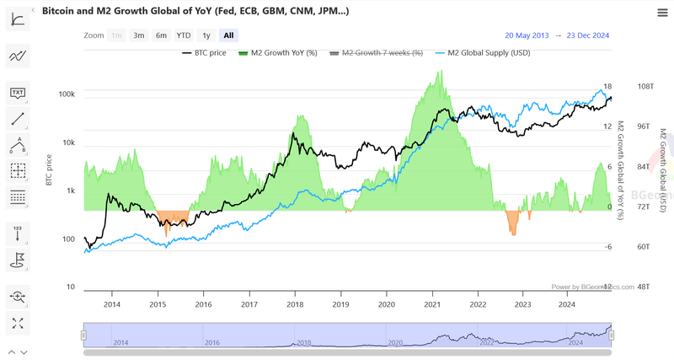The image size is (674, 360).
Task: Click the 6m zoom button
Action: pyautogui.click(x=161, y=35)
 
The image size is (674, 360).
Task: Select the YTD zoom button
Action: pyautogui.click(x=184, y=35)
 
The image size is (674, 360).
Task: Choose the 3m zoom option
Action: pyautogui.click(x=139, y=35)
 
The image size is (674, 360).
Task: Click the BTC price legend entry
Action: pyautogui.click(x=204, y=52)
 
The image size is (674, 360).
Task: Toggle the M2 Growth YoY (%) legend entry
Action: pyautogui.click(x=279, y=52)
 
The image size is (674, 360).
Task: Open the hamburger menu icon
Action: pyautogui.click(x=662, y=12)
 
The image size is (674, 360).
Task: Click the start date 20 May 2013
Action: pyautogui.click(x=527, y=35)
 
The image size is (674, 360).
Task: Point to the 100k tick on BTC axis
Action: pyautogui.click(x=66, y=94)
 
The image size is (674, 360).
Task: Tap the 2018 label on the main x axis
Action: pyautogui.click(x=295, y=304)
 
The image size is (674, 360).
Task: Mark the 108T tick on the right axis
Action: pyautogui.click(x=646, y=87)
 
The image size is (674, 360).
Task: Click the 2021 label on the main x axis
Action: pyautogui.click(x=432, y=304)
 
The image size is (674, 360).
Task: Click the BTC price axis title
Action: pyautogui.click(x=49, y=169)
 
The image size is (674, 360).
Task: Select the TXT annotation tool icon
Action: pyautogui.click(x=18, y=93)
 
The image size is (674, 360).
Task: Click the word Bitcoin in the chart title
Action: pyautogui.click(x=61, y=11)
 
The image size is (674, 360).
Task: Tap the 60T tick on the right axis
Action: pyautogui.click(x=645, y=247)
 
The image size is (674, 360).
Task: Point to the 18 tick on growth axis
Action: pyautogui.click(x=607, y=87)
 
